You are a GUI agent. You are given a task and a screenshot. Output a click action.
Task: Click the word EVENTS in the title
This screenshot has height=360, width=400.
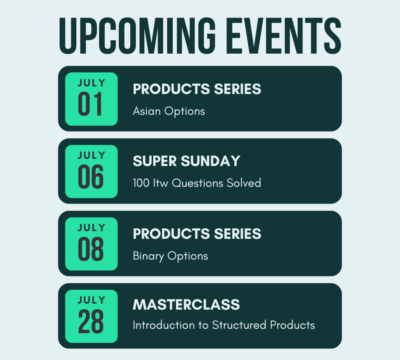(284, 36)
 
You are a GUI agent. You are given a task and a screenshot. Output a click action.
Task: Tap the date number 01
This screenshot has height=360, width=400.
(90, 104)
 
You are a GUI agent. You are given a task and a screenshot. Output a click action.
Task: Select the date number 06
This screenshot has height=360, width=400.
(91, 176)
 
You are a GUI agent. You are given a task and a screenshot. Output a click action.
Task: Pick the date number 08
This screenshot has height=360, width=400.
(91, 249)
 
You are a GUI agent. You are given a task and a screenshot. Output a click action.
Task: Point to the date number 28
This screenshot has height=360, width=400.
(91, 321)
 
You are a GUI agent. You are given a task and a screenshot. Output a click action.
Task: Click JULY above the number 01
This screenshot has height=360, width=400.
(91, 83)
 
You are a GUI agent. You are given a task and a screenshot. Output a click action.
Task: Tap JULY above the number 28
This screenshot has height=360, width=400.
(91, 300)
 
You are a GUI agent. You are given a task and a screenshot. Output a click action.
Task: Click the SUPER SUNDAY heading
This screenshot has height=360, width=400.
(186, 161)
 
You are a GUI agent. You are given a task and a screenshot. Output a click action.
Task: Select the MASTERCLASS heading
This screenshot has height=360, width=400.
(186, 304)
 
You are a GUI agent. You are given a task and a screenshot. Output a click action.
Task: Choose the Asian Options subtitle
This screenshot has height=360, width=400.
(169, 111)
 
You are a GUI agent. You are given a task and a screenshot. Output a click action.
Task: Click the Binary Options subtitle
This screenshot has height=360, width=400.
(170, 256)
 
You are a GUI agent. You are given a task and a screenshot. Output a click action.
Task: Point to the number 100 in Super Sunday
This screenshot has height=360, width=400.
(141, 183)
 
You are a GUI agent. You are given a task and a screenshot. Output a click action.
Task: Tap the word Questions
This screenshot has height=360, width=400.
(198, 183)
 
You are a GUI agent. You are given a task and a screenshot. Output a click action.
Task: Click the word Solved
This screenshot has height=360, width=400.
(244, 183)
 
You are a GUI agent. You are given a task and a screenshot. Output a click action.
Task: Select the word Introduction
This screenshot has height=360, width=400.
(164, 325)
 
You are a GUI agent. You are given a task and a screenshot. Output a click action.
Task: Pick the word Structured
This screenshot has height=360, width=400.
(239, 325)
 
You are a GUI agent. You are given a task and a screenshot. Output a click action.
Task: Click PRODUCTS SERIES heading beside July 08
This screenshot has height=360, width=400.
(197, 234)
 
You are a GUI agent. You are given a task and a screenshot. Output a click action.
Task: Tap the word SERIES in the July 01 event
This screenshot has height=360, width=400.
(238, 89)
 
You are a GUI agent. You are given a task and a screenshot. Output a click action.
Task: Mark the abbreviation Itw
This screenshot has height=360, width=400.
(161, 183)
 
